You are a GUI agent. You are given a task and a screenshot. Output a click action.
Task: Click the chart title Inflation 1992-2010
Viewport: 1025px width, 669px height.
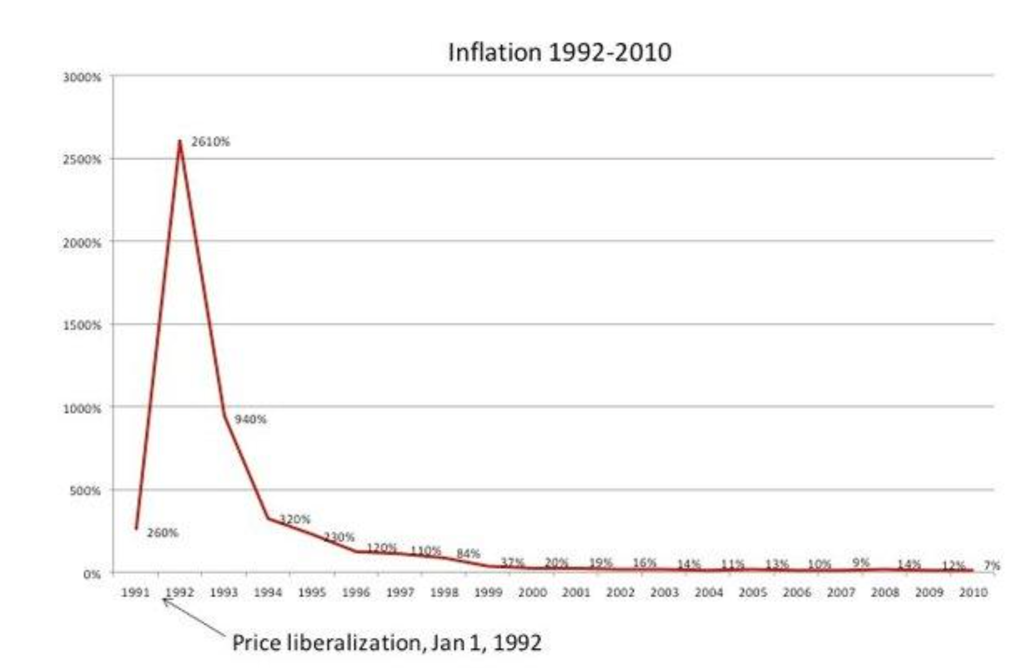(559, 52)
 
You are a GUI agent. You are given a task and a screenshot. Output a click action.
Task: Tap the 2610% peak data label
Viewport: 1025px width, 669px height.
(210, 142)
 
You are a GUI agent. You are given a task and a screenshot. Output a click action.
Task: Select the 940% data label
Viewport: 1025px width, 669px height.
(250, 419)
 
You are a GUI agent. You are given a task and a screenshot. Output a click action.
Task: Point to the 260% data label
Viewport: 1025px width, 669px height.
(162, 533)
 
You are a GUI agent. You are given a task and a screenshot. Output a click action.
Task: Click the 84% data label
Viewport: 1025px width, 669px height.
(468, 554)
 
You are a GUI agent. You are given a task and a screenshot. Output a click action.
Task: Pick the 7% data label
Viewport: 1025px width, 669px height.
(992, 565)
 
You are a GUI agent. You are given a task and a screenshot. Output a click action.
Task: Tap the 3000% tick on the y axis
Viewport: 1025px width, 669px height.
(82, 77)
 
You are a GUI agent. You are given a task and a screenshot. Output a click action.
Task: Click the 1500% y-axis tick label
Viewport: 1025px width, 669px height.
(82, 326)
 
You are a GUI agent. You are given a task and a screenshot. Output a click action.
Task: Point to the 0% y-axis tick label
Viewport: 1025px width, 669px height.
(92, 574)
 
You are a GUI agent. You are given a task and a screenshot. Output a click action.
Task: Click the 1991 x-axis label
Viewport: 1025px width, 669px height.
(135, 593)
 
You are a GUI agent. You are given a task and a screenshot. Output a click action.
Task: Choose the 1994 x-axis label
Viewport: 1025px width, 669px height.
(268, 593)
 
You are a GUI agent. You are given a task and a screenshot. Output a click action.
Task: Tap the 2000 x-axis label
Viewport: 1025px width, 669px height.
(532, 593)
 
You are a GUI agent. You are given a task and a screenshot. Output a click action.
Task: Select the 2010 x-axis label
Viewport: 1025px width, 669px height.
(973, 593)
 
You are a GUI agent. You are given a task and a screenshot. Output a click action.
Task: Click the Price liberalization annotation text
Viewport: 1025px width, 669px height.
(387, 643)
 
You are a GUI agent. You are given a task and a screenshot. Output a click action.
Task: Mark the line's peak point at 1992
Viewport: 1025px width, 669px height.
(180, 141)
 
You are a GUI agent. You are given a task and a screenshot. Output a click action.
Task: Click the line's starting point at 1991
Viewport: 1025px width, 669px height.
(136, 529)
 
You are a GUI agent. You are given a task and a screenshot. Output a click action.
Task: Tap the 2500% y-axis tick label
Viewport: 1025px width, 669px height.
(82, 160)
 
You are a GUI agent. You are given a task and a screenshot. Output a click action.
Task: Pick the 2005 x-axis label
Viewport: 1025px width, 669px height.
(752, 593)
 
